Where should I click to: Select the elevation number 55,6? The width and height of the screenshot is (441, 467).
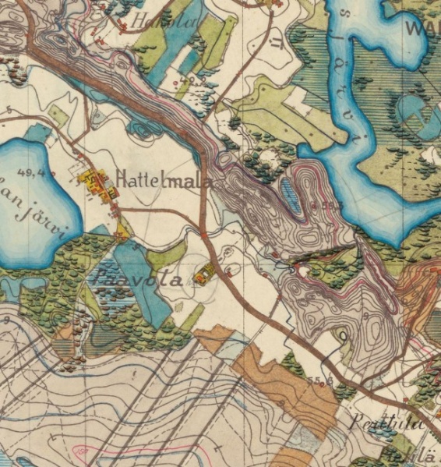coord(315,380)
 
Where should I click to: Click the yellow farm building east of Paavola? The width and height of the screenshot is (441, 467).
coord(206,274)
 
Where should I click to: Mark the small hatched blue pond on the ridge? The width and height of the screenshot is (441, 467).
coord(288,195)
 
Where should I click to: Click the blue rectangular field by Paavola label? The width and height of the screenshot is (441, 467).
coord(140,281)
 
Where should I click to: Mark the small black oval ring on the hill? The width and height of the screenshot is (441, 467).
coord(343,336)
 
